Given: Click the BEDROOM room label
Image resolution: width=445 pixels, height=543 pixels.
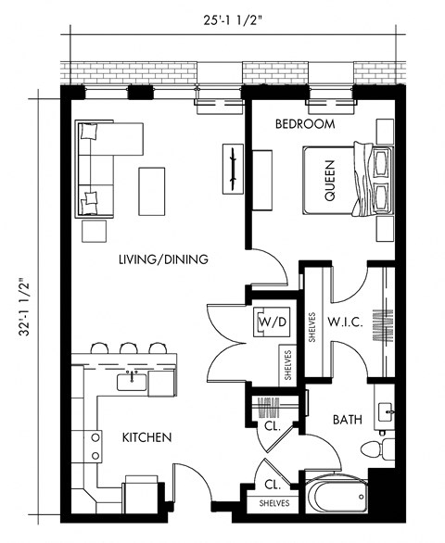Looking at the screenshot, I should coord(304,123).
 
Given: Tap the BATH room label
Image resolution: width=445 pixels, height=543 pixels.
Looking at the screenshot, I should coord(347,420).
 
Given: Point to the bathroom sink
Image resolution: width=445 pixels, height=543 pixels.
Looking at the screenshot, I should coord(385,409).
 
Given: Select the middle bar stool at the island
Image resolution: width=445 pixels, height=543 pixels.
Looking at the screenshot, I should coord(127,349).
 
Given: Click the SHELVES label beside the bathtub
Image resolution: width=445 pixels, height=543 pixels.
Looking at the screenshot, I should coord(274,503).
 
